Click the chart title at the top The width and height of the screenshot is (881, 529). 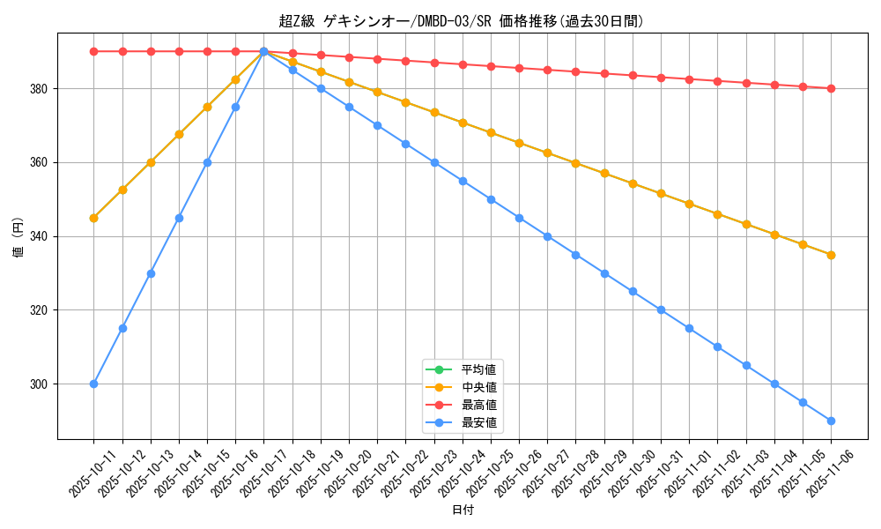click(x=462, y=21)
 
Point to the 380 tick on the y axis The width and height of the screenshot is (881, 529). click(x=41, y=89)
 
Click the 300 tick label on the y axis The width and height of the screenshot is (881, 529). click(x=41, y=384)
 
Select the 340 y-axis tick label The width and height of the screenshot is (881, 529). click(x=41, y=236)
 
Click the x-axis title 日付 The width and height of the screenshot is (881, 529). click(x=462, y=510)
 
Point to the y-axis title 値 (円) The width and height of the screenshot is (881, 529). click(x=18, y=236)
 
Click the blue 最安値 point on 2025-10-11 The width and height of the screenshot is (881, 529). click(x=93, y=384)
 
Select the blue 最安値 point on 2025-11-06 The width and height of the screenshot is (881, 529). click(x=831, y=421)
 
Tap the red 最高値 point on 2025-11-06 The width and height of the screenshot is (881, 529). click(x=831, y=88)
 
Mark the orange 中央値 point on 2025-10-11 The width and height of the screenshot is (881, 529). click(x=93, y=218)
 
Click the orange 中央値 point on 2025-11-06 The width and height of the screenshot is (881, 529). click(x=831, y=255)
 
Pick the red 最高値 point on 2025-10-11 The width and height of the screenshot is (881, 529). click(x=93, y=51)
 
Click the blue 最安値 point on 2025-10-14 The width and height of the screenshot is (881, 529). click(x=179, y=218)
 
